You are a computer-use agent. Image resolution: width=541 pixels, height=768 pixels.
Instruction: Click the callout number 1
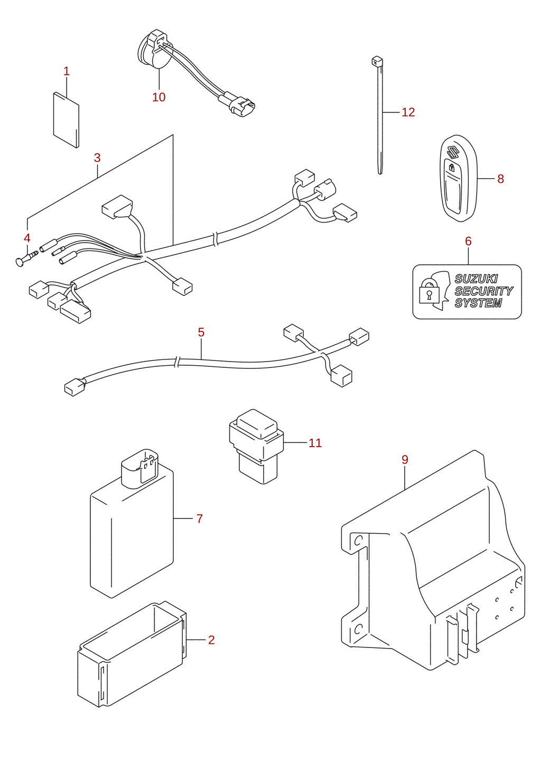click(x=67, y=71)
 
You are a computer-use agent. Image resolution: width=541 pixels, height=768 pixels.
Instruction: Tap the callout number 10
click(x=159, y=97)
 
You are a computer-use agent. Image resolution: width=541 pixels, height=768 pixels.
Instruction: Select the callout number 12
click(x=408, y=113)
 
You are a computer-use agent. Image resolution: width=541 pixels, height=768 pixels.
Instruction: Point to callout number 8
click(x=500, y=179)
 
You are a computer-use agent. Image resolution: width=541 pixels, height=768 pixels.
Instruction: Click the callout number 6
click(x=469, y=242)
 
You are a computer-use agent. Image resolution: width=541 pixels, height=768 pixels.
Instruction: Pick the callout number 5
click(x=201, y=332)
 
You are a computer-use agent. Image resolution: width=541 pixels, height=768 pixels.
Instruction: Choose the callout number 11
click(x=315, y=443)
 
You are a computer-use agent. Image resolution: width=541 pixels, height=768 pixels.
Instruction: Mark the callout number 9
click(x=405, y=460)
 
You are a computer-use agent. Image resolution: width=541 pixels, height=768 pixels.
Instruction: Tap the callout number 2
click(x=211, y=640)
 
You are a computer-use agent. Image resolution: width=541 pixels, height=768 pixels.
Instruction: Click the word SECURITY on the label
click(x=483, y=291)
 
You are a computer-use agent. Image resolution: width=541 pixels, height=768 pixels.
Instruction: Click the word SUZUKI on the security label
click(x=476, y=279)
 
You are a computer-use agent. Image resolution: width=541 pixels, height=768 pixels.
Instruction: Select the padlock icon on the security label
click(x=429, y=291)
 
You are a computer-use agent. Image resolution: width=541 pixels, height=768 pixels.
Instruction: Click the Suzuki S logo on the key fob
click(x=453, y=152)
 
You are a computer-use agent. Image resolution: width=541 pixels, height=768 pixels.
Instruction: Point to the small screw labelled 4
click(x=27, y=258)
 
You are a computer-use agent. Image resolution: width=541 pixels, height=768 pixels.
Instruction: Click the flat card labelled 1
click(x=67, y=120)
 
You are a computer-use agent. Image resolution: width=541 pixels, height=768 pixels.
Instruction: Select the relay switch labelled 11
click(x=256, y=447)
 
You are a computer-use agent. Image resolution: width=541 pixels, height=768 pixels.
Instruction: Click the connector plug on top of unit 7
click(x=140, y=468)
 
